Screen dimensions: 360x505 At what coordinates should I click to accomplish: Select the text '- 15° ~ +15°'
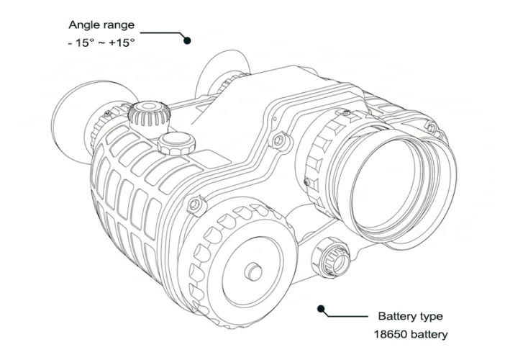click(x=100, y=42)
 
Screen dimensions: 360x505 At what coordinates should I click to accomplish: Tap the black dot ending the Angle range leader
click(x=188, y=41)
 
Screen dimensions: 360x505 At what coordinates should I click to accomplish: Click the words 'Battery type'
click(x=410, y=317)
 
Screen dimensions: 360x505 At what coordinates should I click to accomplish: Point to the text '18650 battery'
click(x=410, y=334)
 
